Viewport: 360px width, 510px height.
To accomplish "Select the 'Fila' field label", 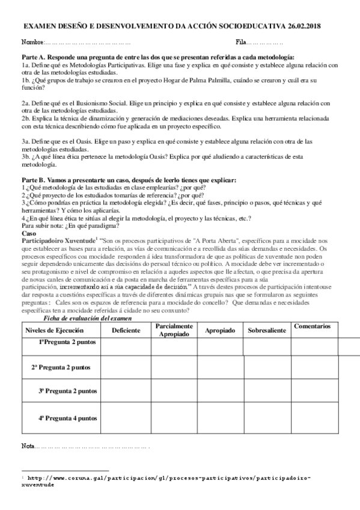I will [x=242, y=43].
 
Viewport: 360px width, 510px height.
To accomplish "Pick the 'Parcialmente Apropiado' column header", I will [x=174, y=330].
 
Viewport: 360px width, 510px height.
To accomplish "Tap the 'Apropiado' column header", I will [x=220, y=330].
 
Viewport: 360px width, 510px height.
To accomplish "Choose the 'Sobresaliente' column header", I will [x=267, y=330].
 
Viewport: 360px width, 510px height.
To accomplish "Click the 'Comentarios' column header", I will [x=312, y=326].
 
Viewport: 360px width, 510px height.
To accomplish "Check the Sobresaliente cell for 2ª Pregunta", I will [x=267, y=366].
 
